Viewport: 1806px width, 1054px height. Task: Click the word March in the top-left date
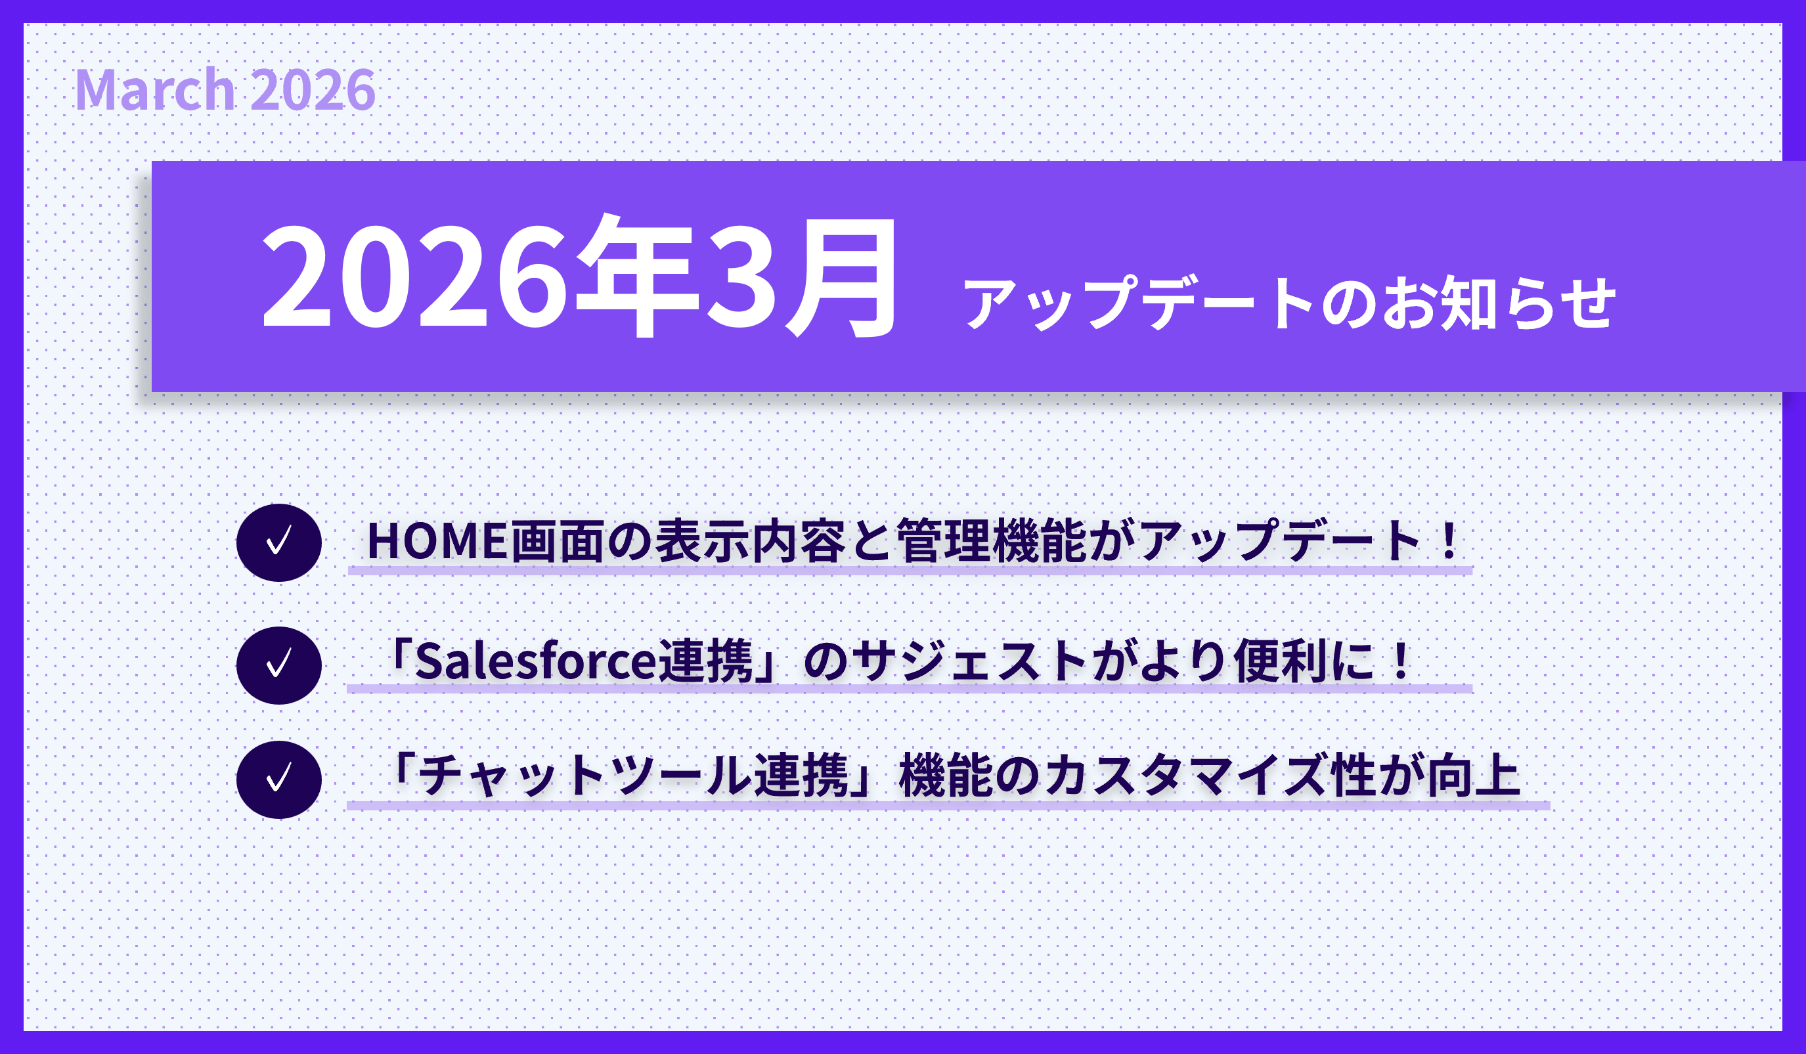156,89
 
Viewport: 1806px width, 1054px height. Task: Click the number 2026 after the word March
314,90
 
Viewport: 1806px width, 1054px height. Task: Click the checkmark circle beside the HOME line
279,542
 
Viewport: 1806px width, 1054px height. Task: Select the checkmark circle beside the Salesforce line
279,665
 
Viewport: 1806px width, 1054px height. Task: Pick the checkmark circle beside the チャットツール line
279,780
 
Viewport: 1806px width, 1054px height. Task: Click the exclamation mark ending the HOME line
1449,541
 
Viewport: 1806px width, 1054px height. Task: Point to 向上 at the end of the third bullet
1474,776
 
